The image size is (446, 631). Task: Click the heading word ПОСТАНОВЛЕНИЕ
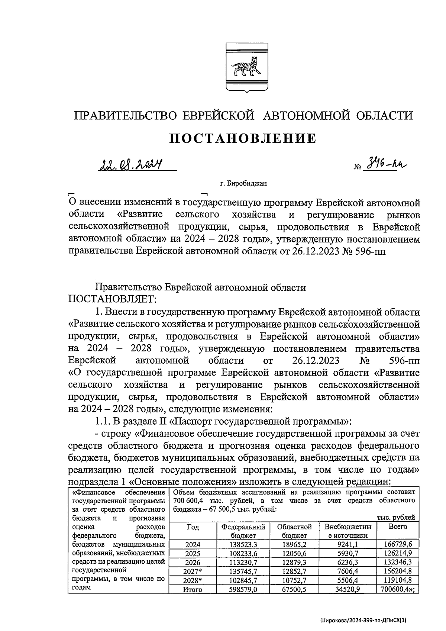tap(243, 138)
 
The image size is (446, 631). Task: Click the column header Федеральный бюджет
tap(243, 531)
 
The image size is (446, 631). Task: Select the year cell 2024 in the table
tap(193, 545)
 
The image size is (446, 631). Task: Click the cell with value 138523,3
tap(243, 545)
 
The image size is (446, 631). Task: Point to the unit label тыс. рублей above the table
tap(396, 518)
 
